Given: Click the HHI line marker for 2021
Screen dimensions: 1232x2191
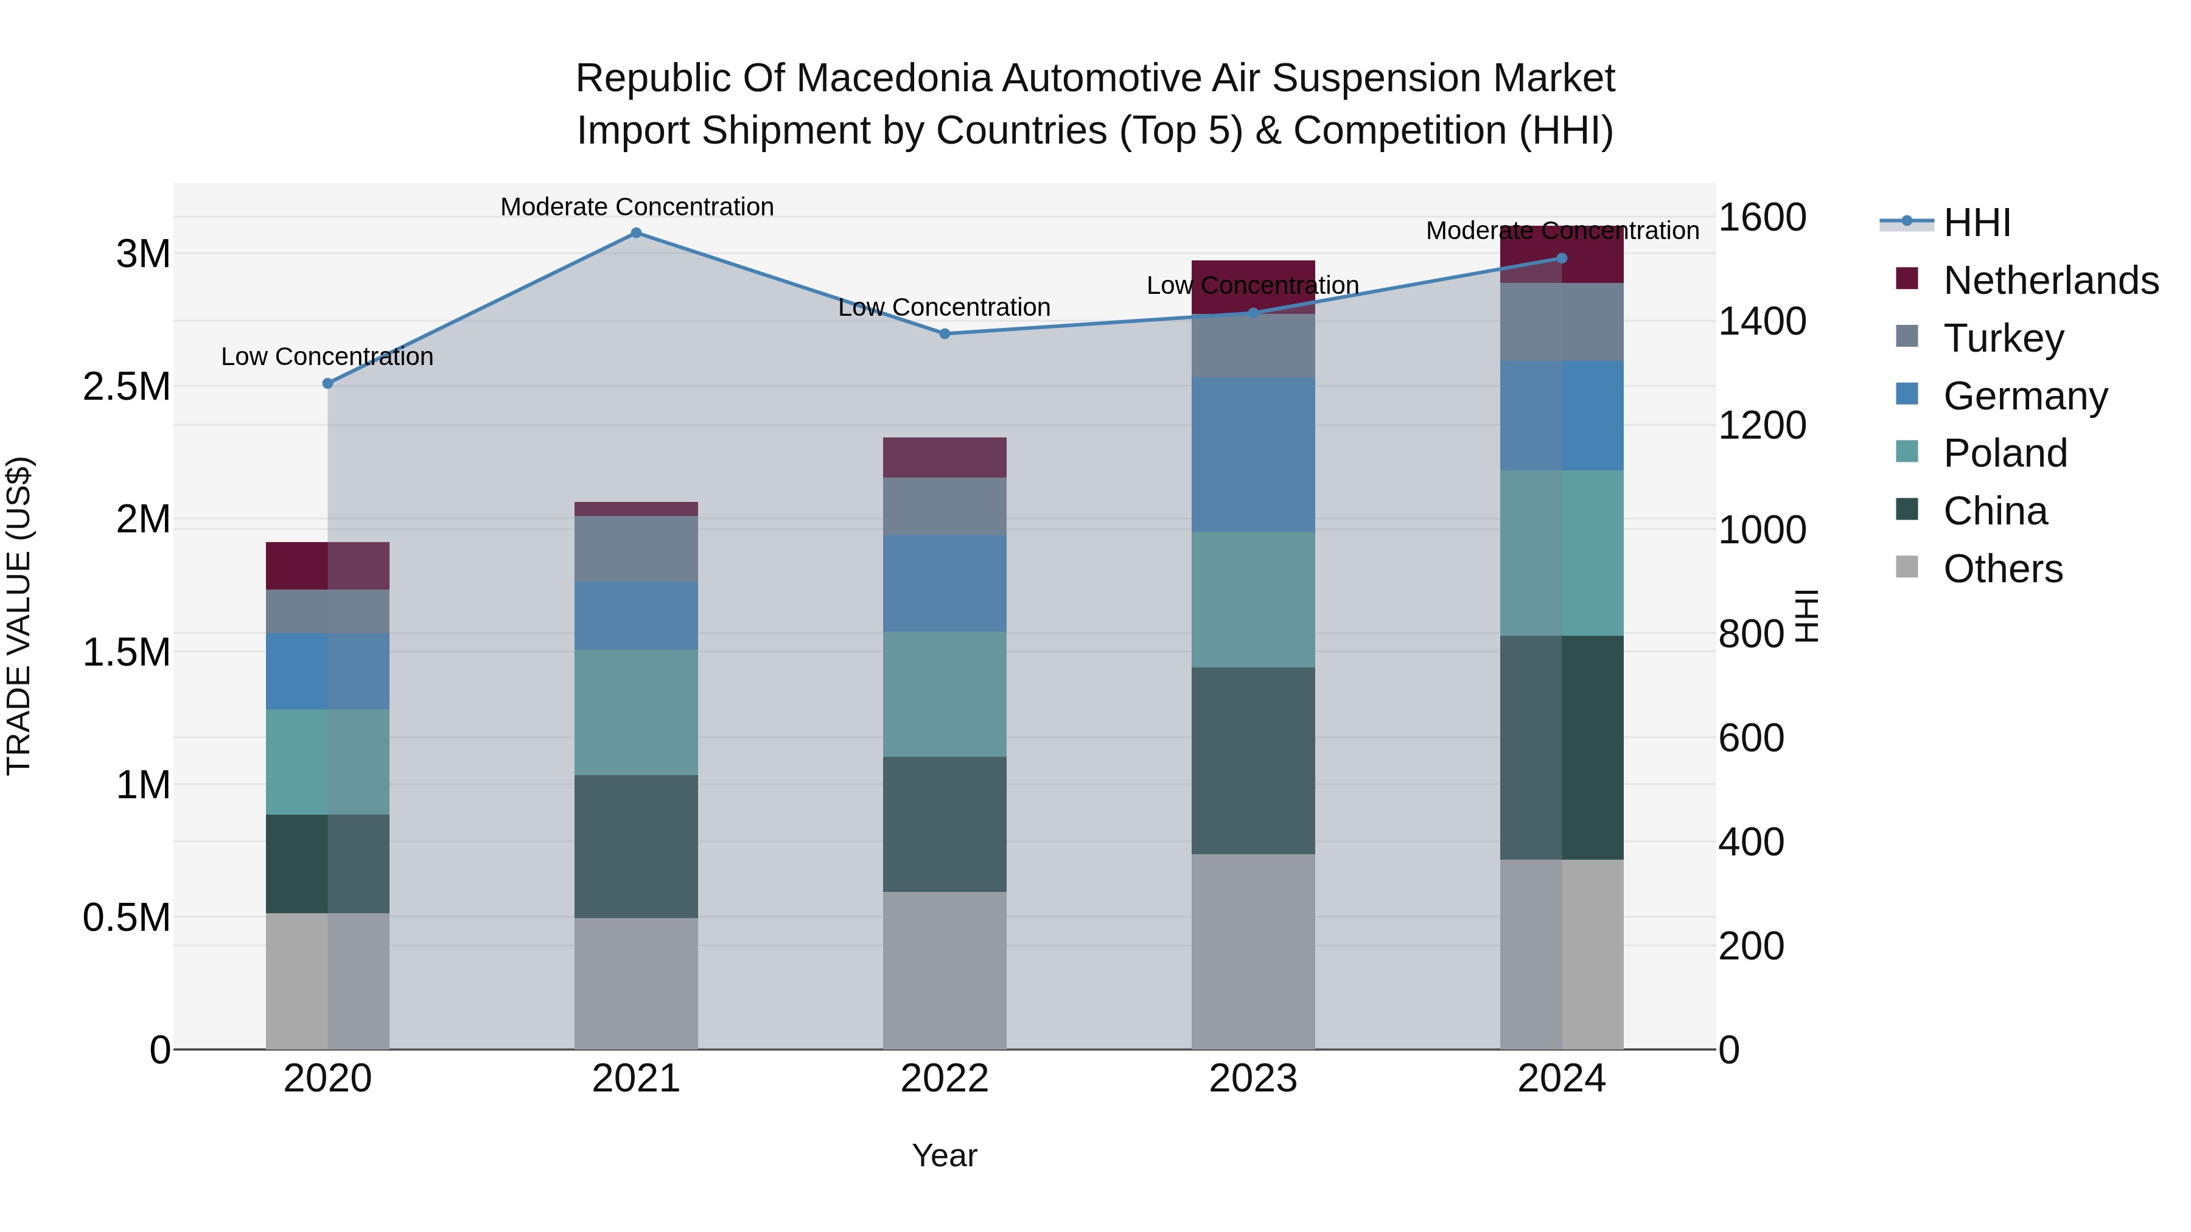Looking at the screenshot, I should (635, 233).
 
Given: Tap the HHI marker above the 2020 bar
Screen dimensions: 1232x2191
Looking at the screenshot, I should (327, 383).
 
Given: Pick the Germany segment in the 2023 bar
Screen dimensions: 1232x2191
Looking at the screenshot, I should (1253, 455).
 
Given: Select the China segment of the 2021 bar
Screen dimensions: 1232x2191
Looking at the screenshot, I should (635, 846).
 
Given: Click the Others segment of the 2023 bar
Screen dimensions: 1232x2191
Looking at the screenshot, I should (1253, 952).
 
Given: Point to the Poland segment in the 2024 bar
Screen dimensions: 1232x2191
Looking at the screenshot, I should (1562, 552).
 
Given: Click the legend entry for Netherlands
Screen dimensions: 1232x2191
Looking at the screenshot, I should (2050, 280).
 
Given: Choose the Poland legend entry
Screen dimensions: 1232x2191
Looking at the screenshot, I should (2005, 453).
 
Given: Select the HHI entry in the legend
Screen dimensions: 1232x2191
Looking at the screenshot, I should (1977, 223).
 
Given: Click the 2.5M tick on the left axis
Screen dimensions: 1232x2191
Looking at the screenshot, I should (127, 387).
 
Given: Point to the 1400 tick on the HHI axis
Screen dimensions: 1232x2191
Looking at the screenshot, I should (1761, 321).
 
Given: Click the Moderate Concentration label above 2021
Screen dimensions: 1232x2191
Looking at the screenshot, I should (636, 207).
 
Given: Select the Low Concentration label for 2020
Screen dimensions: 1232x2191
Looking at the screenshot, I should (327, 357).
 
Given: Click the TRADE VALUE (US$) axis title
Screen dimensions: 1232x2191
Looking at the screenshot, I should (19, 616).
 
